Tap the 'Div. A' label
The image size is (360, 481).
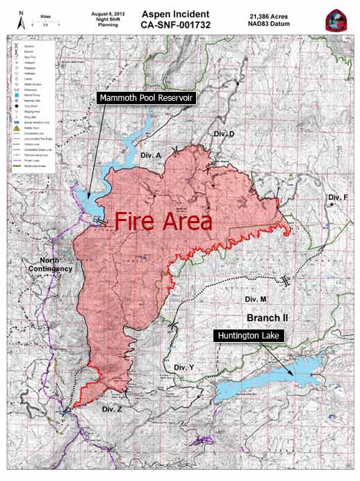pyautogui.click(x=150, y=154)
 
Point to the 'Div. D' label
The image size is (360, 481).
pyautogui.click(x=224, y=133)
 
